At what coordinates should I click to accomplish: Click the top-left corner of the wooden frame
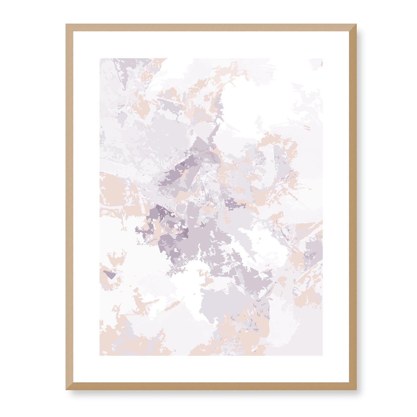[67, 25]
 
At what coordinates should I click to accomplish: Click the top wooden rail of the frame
[211, 27]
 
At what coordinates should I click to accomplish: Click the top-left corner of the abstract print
[100, 59]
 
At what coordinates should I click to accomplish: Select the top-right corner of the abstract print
[322, 59]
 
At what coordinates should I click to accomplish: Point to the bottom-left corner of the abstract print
[100, 355]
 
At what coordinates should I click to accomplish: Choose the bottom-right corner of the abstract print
[322, 355]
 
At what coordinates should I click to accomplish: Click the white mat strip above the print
[211, 45]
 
